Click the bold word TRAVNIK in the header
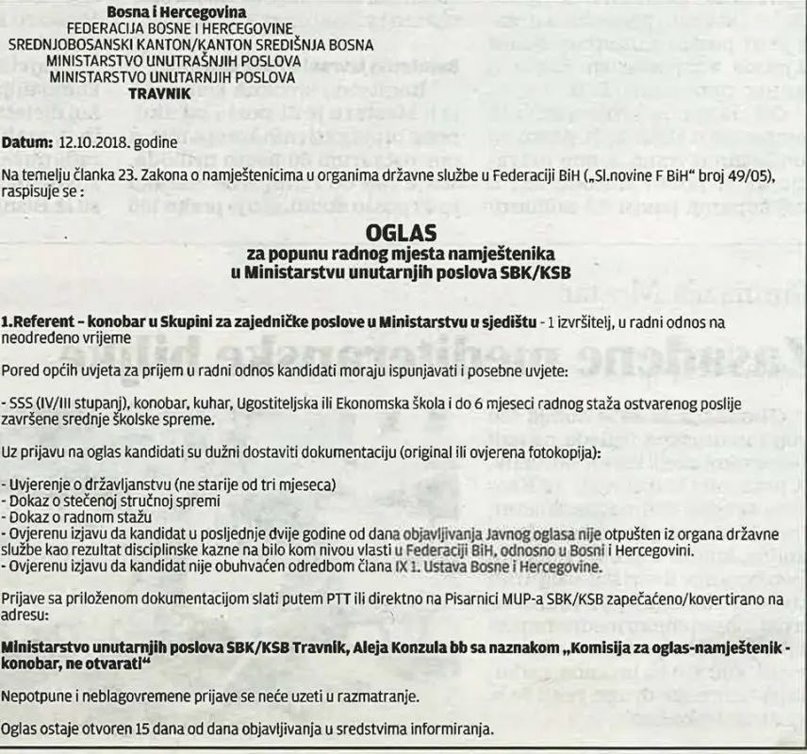point(158,94)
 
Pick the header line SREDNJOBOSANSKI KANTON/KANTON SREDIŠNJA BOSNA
point(190,44)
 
